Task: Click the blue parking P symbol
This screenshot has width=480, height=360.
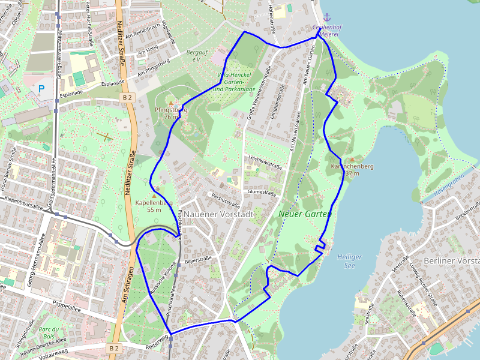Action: [x=41, y=89]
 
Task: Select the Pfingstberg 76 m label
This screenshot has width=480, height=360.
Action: [x=170, y=113]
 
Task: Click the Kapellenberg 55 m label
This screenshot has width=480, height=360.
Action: [x=154, y=206]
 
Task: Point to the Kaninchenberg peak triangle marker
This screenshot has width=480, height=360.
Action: [x=352, y=159]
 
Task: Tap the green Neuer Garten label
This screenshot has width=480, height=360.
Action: [x=305, y=214]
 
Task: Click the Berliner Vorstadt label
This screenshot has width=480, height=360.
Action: [x=451, y=261]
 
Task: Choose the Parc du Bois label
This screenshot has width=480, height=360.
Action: [x=48, y=333]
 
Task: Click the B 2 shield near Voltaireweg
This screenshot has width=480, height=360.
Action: [x=113, y=348]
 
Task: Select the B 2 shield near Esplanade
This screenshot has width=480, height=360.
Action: [x=127, y=97]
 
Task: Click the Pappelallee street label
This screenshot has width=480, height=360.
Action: [x=67, y=305]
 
